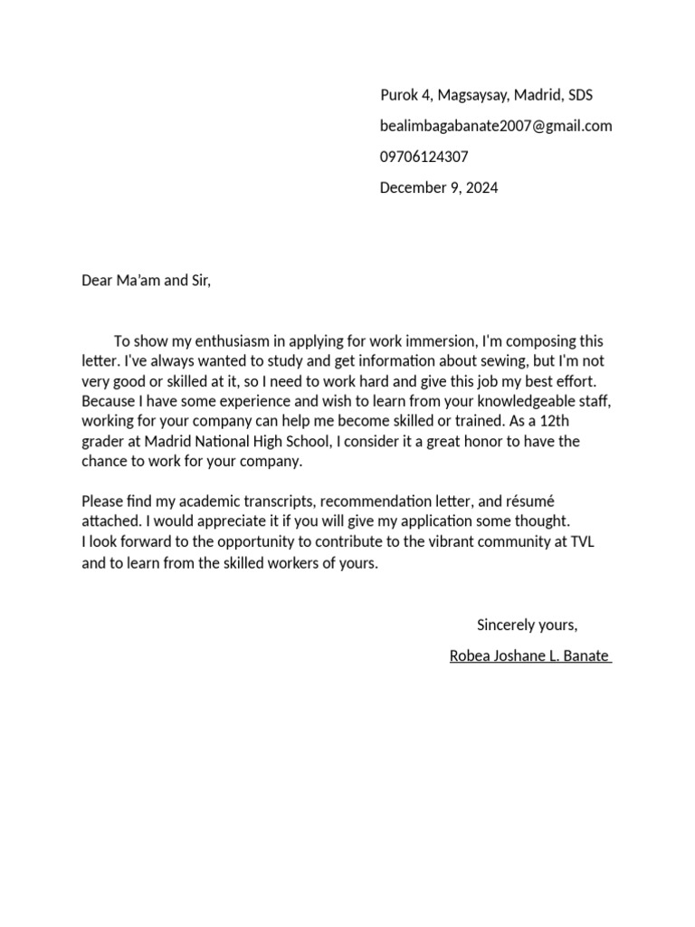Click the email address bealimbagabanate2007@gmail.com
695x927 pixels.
click(x=496, y=126)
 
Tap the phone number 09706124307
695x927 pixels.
click(x=424, y=157)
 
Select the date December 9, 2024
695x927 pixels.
click(x=439, y=188)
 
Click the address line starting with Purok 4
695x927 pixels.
click(x=486, y=95)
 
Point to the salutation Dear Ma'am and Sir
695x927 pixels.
click(x=146, y=281)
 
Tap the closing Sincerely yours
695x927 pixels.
click(x=527, y=625)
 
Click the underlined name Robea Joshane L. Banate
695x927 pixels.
click(x=530, y=655)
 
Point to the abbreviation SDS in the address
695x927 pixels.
click(x=580, y=95)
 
